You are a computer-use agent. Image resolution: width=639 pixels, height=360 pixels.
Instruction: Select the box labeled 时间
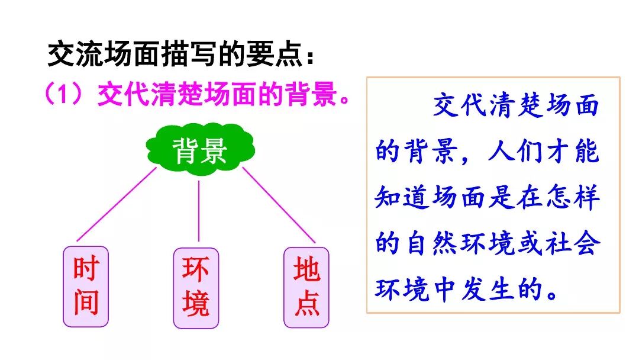(86, 287)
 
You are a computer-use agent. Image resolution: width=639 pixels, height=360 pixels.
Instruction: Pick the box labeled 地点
(306, 287)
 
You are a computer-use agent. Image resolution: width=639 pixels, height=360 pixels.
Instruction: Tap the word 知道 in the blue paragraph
(403, 198)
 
